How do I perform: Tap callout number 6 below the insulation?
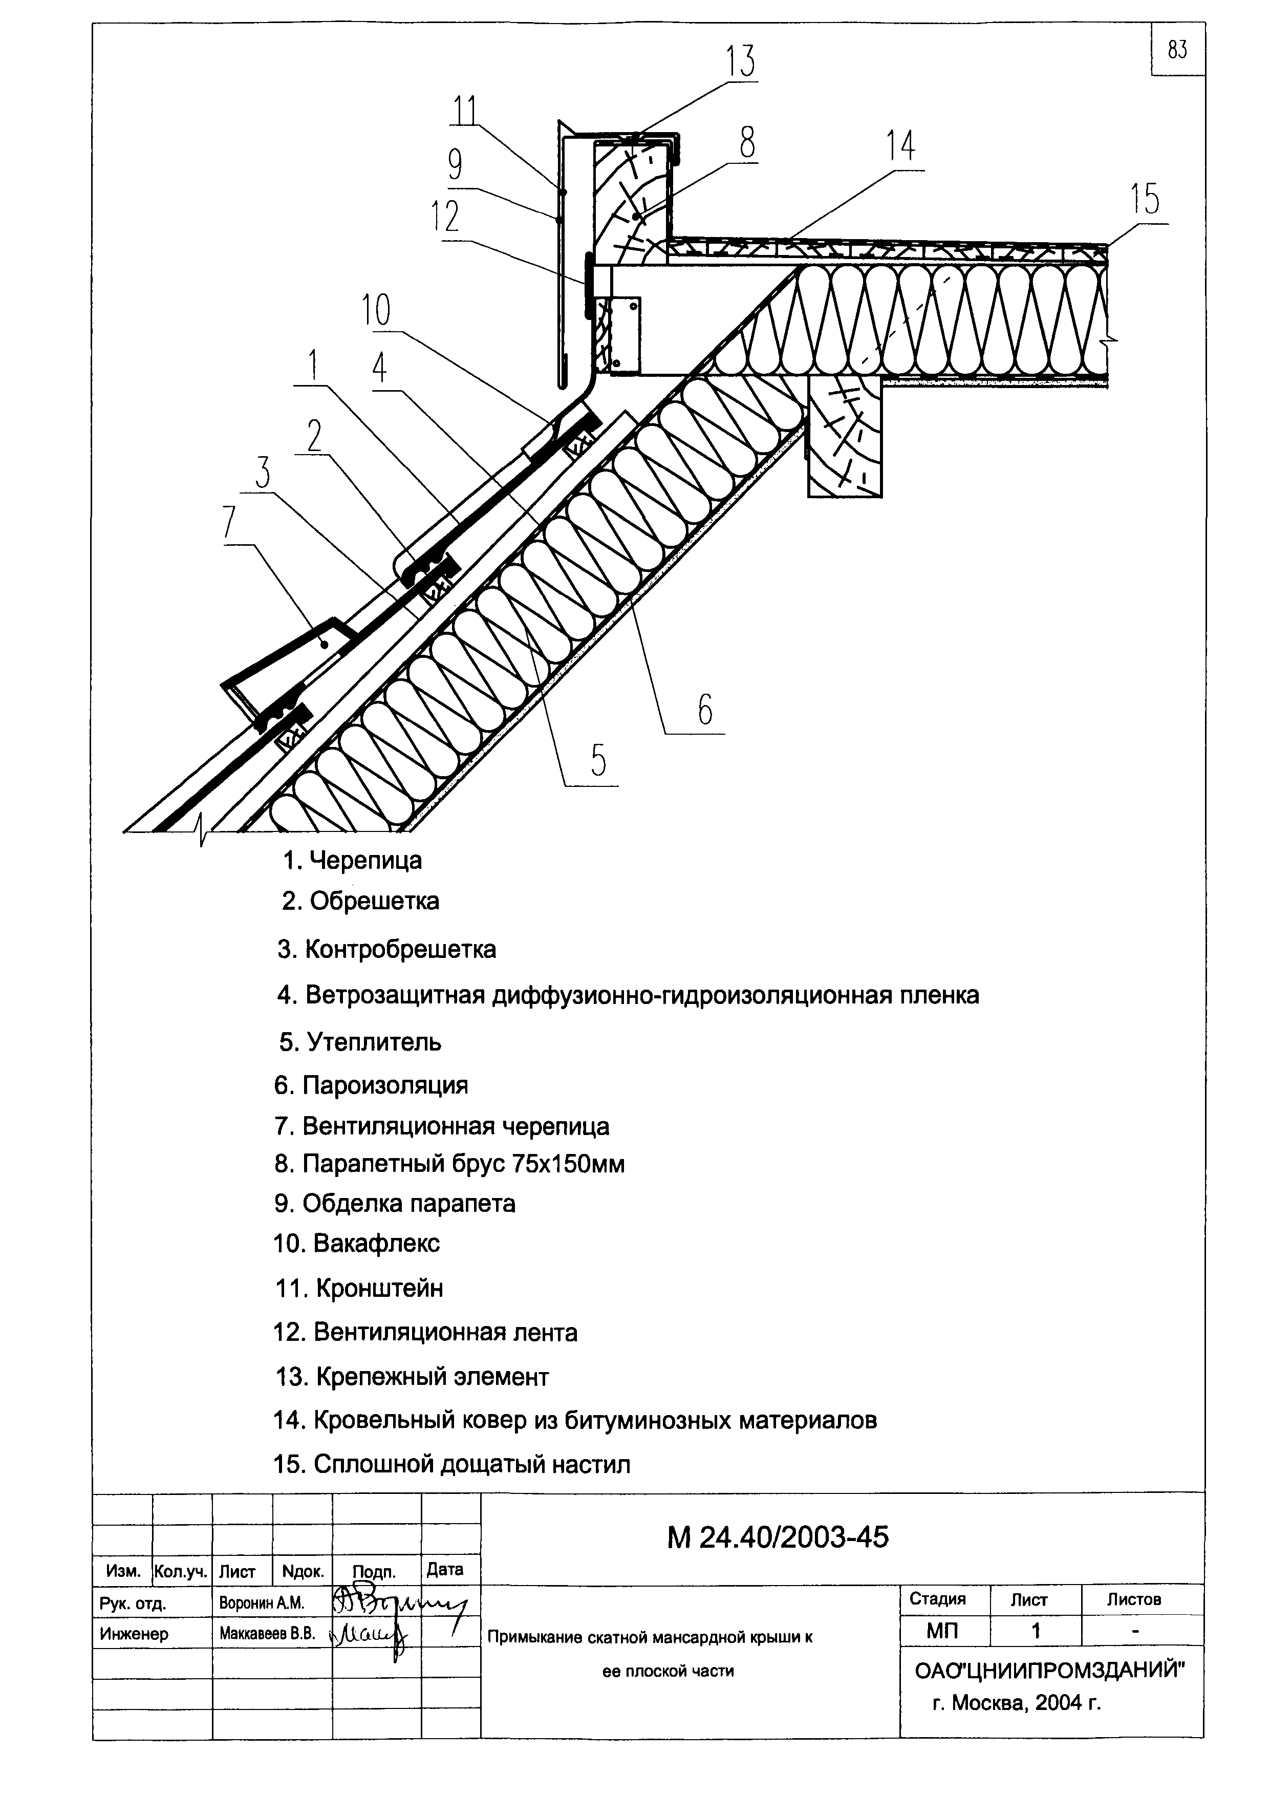click(704, 710)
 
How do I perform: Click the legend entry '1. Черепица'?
click(352, 861)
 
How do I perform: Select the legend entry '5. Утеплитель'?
click(360, 1042)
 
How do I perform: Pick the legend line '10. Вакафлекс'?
click(357, 1243)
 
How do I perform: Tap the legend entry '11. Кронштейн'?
click(359, 1288)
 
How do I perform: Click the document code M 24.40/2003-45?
click(778, 1538)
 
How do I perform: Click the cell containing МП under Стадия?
click(943, 1631)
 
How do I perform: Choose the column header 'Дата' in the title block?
click(445, 1569)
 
